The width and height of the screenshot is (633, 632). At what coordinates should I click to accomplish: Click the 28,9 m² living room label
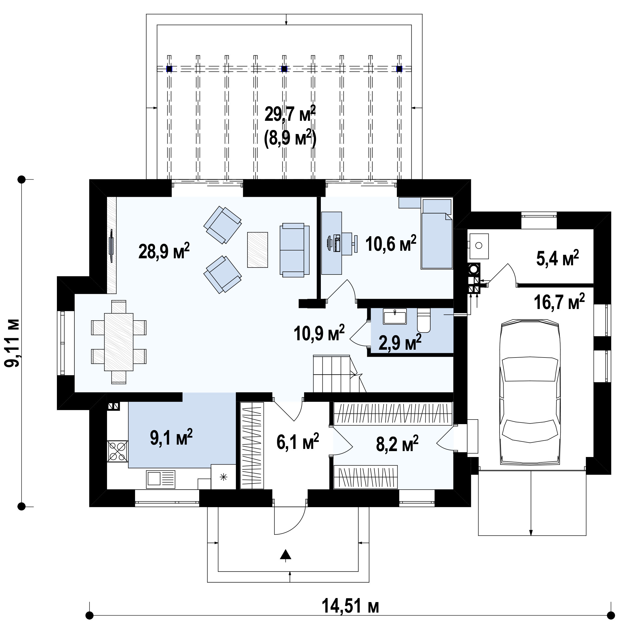(x=164, y=251)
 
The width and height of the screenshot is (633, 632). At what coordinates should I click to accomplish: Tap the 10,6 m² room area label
(x=391, y=244)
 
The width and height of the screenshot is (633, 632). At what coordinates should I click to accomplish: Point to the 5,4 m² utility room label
(x=558, y=258)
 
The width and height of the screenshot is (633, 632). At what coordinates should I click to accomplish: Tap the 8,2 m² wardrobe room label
(x=397, y=444)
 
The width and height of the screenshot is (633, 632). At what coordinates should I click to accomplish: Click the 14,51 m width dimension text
(x=350, y=606)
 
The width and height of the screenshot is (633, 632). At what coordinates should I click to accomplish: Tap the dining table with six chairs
(x=119, y=342)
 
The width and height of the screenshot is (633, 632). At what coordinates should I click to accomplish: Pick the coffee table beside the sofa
(x=257, y=250)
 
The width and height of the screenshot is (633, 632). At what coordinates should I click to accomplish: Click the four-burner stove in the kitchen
(x=117, y=451)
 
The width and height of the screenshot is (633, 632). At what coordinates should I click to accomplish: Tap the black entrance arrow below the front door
(x=286, y=554)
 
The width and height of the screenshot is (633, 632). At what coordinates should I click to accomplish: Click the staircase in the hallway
(x=339, y=373)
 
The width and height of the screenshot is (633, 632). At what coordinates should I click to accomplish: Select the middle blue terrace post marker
(x=284, y=69)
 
